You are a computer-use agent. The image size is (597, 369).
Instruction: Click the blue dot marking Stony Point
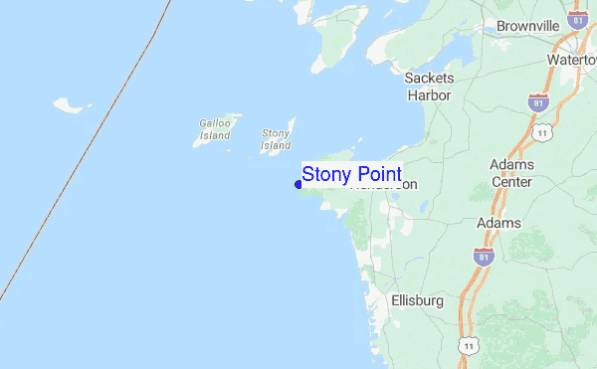[298, 184]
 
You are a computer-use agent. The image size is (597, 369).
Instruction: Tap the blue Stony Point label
[351, 174]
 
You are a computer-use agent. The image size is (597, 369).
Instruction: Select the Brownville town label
[528, 25]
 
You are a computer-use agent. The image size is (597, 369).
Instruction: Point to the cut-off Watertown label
[572, 60]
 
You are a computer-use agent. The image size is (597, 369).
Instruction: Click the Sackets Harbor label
[430, 87]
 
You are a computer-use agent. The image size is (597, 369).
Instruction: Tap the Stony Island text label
[276, 139]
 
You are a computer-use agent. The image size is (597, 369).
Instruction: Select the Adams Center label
[511, 172]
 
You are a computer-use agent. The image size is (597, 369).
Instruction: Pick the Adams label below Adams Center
[497, 223]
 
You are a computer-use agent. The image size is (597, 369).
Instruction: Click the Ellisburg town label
[417, 299]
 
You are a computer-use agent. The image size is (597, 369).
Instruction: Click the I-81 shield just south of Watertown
[539, 102]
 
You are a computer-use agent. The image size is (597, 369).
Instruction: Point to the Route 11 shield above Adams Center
[542, 131]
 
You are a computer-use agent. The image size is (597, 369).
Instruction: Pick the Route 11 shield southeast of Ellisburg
[469, 344]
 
